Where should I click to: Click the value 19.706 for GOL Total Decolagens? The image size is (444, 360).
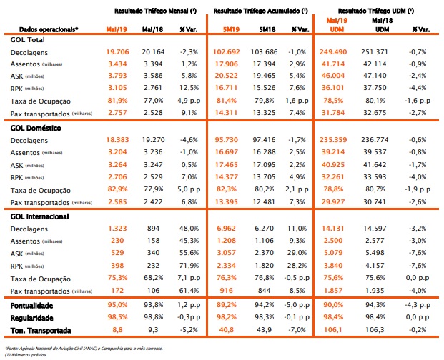117,52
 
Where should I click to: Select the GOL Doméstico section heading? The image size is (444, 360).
36,128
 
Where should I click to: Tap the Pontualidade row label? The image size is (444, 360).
31,306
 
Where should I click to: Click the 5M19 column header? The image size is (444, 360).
231,29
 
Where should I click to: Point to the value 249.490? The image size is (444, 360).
333,52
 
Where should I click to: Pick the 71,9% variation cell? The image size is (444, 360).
189,266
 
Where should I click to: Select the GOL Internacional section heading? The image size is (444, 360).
39,216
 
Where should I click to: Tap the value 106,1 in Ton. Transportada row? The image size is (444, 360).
332,330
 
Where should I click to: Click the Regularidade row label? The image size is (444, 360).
31,318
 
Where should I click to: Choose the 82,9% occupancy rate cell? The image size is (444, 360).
117,189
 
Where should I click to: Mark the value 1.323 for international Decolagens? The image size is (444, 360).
117,229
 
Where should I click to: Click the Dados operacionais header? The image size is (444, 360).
49,29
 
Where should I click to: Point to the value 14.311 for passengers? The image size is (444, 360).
227,113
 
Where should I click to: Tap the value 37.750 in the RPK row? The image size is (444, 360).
375,88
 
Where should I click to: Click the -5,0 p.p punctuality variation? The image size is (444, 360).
297,305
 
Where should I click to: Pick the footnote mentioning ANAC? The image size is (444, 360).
84,349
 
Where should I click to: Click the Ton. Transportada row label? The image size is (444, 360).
41,331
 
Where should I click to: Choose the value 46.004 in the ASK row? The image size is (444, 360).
333,76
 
